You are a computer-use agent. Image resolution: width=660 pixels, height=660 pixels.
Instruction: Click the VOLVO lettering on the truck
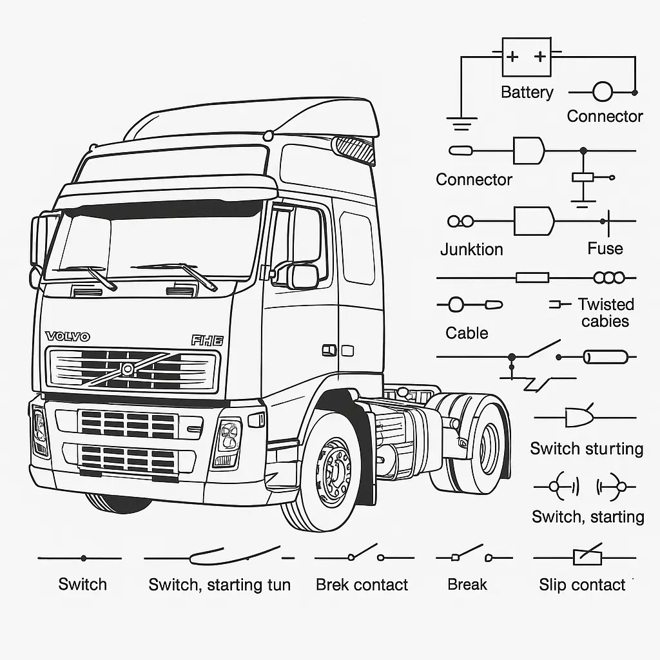68,336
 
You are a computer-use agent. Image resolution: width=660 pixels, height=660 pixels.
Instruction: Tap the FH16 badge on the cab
207,340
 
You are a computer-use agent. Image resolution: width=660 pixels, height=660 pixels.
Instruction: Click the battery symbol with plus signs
526,57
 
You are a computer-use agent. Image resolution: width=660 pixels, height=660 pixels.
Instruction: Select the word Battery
527,92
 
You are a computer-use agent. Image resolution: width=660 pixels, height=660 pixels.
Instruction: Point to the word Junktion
471,249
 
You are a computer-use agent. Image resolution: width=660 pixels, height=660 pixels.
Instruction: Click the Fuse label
605,249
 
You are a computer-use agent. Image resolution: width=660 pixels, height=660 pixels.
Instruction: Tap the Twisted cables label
605,313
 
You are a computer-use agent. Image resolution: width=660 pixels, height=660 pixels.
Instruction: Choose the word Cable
467,333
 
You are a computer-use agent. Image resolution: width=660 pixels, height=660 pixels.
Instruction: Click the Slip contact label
582,585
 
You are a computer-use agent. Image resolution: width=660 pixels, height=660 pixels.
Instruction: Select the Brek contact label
362,585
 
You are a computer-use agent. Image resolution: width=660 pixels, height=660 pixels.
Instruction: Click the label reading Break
467,585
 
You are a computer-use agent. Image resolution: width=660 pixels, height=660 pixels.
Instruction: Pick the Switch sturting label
587,449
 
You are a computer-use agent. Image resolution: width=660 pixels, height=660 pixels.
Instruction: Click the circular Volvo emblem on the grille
128,369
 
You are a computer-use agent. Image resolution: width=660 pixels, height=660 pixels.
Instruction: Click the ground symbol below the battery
461,122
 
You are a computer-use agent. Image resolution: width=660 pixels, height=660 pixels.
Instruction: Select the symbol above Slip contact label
587,558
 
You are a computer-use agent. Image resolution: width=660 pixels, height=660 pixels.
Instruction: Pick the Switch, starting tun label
219,585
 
